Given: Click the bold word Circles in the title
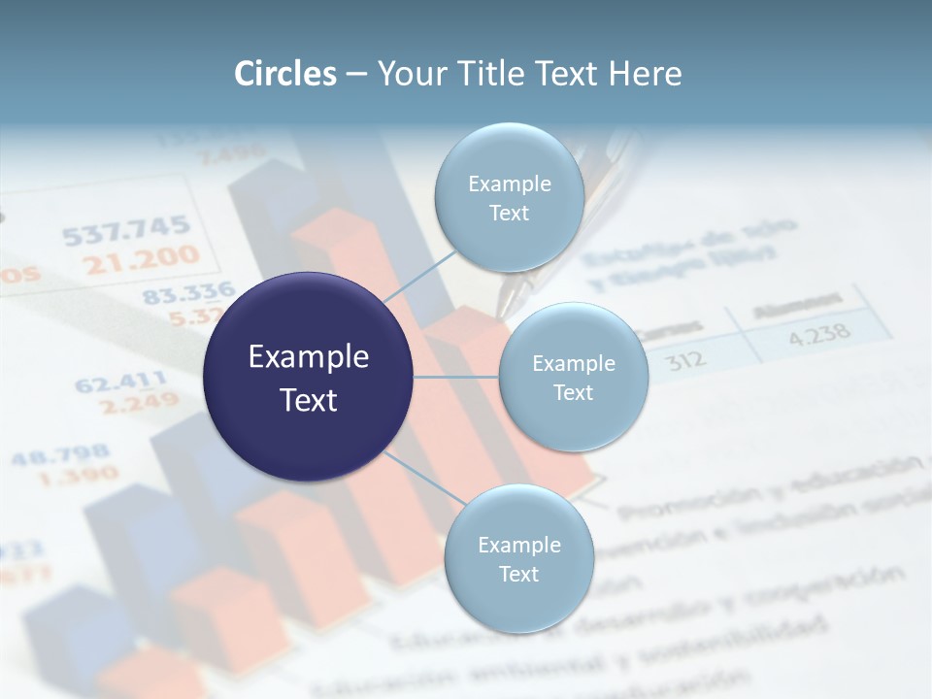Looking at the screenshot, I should click(x=285, y=74).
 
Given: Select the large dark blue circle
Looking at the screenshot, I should click(x=309, y=378).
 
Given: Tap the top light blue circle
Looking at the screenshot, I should click(x=509, y=197).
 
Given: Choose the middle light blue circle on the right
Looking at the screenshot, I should click(x=573, y=377).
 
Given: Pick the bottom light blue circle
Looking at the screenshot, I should click(x=518, y=558).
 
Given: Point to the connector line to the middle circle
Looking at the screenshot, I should click(x=455, y=377).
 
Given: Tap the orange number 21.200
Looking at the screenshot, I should click(x=141, y=260).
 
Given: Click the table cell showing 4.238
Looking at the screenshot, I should click(x=819, y=337).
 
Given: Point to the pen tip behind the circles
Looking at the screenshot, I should click(x=506, y=303).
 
